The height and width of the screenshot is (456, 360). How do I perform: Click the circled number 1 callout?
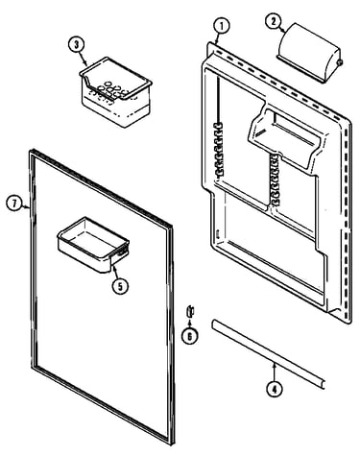tap(222, 26)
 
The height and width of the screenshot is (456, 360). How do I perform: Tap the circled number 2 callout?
tap(274, 21)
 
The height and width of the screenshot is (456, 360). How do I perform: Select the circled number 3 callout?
tap(76, 45)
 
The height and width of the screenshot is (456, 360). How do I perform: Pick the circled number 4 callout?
tap(275, 389)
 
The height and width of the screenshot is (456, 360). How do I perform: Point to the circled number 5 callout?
tap(120, 286)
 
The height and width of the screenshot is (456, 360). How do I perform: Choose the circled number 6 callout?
tap(189, 336)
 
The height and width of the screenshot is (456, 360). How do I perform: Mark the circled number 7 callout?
tap(14, 204)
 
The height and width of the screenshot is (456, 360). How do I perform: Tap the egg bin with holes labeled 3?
tap(115, 91)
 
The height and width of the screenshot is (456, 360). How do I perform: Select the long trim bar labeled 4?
tap(268, 353)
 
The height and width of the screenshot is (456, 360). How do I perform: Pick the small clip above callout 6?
tap(190, 311)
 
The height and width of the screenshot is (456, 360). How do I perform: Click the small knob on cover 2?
tap(340, 62)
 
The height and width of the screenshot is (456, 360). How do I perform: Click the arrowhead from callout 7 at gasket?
tap(28, 207)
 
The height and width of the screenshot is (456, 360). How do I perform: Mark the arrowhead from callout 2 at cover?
tap(283, 31)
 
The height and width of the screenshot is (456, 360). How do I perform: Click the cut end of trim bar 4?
tap(323, 384)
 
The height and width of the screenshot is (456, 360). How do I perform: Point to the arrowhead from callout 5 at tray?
tap(113, 268)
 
